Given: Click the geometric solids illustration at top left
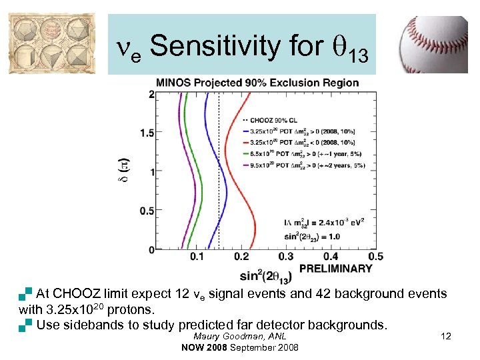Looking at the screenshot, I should (52, 44).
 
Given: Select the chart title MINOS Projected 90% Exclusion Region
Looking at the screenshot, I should (257, 83).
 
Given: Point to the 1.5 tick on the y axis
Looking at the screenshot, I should (147, 133).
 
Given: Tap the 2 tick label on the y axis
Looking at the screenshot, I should (151, 95).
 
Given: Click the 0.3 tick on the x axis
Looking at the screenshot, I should (285, 257).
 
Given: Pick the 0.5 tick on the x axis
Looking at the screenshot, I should (375, 257).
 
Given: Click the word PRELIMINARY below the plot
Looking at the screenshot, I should (335, 268).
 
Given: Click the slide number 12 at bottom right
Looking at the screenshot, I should (446, 337).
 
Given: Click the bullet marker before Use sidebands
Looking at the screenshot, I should (26, 325).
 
